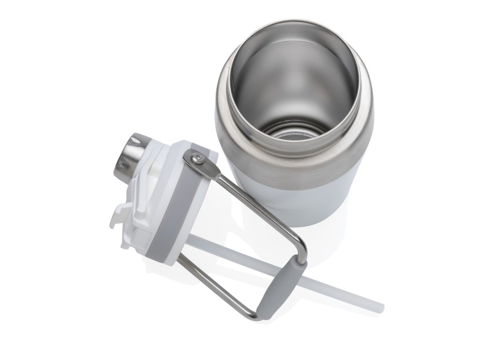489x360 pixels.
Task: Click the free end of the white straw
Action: click(x=380, y=307)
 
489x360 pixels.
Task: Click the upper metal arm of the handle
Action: click(x=257, y=206)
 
